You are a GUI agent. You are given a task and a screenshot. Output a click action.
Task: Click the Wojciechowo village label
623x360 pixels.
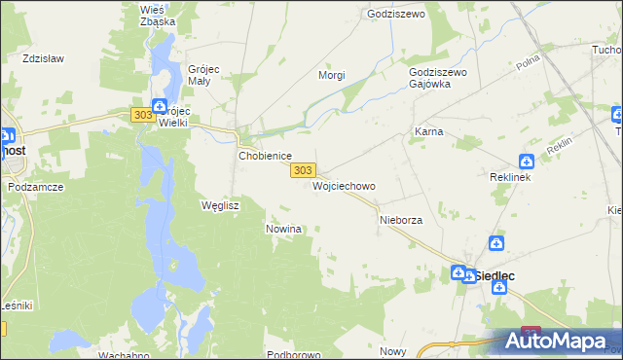[344, 185]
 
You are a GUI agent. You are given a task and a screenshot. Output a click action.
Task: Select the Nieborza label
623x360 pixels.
[400, 221]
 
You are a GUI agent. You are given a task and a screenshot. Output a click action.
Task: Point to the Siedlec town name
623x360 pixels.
[494, 275]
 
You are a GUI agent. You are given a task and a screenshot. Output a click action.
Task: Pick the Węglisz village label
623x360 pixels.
[219, 205]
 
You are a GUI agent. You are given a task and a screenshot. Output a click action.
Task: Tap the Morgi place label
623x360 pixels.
[333, 74]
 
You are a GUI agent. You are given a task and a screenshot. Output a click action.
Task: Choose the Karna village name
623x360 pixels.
[429, 131]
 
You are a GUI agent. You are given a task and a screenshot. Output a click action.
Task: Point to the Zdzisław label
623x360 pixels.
[43, 58]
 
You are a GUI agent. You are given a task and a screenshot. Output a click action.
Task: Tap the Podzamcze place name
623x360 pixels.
[35, 186]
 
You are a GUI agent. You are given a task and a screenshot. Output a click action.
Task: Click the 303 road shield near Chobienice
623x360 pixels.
[303, 169]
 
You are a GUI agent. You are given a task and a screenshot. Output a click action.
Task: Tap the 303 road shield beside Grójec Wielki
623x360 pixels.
[141, 115]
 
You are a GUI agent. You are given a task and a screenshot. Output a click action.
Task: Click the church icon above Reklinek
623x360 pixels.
[526, 162]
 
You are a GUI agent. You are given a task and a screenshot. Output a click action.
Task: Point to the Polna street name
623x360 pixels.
[529, 63]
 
